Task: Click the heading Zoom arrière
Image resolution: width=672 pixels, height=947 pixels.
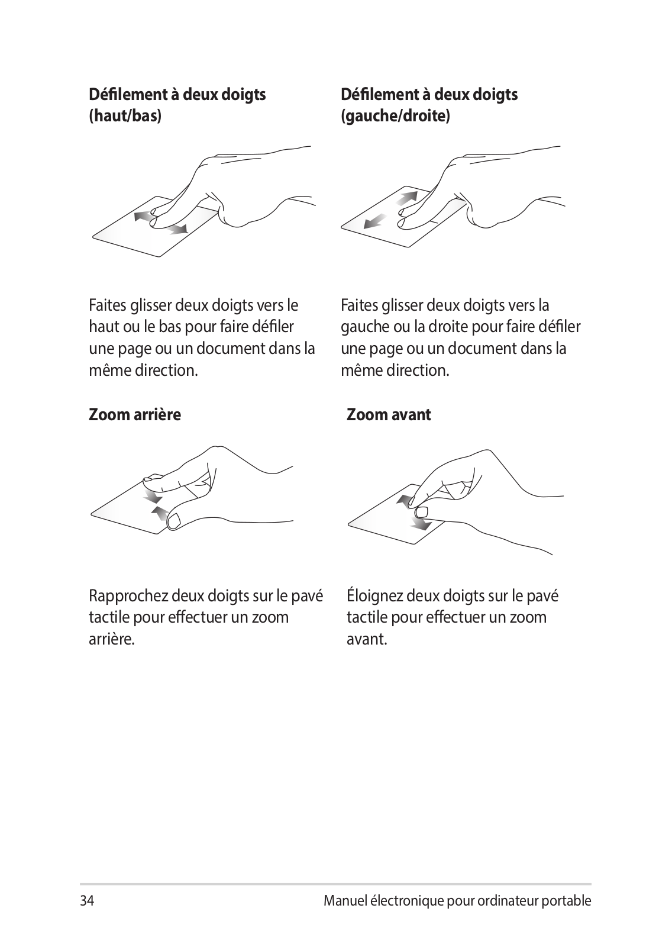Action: tap(135, 415)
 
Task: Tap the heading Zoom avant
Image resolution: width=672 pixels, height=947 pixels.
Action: tap(389, 415)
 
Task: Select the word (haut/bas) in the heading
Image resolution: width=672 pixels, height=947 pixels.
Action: tap(125, 116)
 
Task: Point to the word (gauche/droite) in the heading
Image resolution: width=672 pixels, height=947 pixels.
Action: tap(395, 116)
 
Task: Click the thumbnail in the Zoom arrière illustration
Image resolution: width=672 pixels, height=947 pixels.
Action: tap(174, 520)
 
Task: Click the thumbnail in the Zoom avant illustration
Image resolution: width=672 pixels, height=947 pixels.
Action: tap(422, 513)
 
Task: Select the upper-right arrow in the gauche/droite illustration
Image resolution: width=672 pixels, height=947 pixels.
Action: tap(407, 198)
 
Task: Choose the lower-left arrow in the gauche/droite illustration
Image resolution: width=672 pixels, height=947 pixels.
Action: tap(375, 221)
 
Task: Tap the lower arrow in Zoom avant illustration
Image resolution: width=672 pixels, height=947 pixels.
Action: tap(421, 524)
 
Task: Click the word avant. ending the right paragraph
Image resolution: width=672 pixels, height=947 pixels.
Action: tap(367, 640)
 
